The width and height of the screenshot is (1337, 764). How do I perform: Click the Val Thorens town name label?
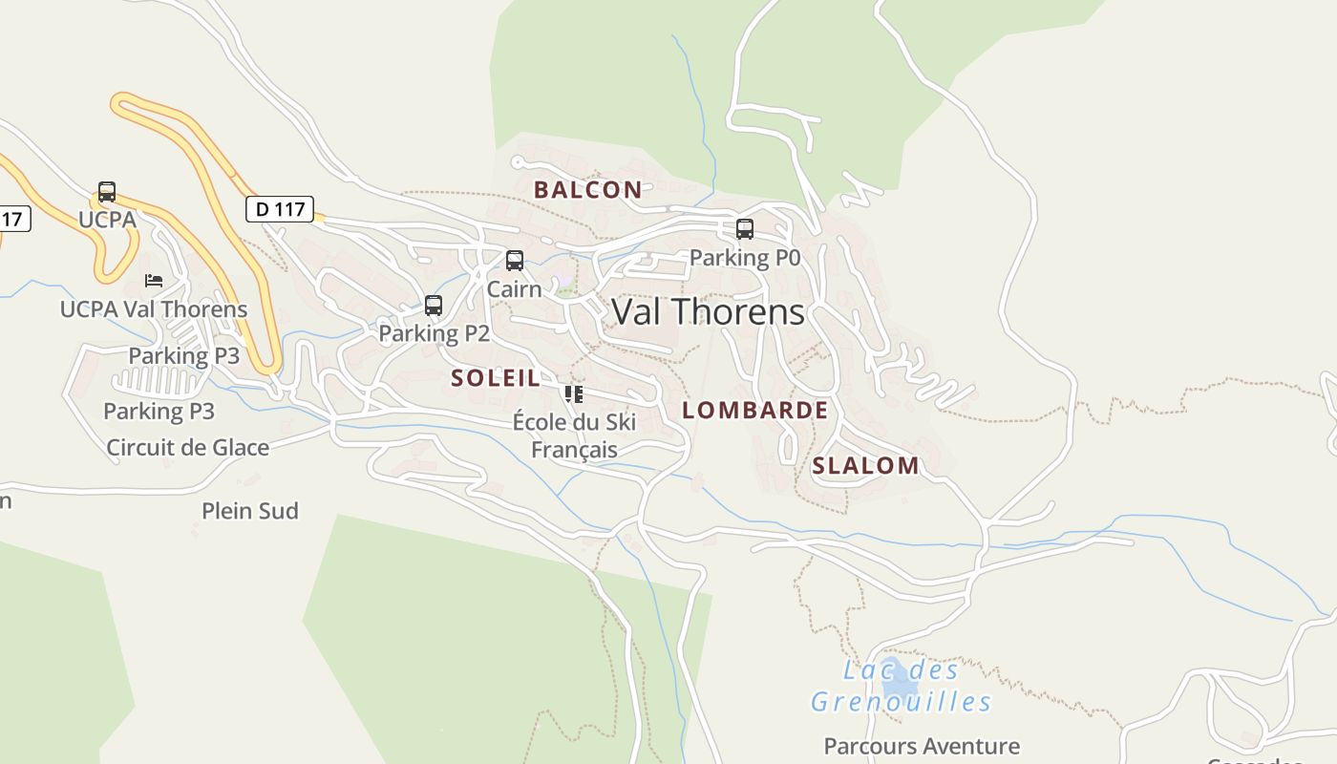[708, 312]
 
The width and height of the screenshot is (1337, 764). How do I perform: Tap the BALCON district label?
[587, 189]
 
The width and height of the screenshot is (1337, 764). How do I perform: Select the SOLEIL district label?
[496, 377]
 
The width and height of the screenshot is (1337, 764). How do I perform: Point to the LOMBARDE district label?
[754, 411]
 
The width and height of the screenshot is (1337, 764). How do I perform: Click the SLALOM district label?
[865, 466]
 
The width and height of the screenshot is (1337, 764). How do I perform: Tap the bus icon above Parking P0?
[744, 229]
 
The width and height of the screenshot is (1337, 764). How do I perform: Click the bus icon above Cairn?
[515, 261]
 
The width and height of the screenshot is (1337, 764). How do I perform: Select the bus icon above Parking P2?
[434, 306]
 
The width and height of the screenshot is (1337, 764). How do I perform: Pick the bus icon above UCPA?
[107, 192]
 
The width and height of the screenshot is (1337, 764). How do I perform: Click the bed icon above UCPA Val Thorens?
[154, 281]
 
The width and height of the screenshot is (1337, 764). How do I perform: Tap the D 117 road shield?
[280, 208]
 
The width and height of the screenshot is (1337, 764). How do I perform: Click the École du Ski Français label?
[574, 435]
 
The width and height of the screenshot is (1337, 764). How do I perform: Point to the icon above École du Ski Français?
[574, 393]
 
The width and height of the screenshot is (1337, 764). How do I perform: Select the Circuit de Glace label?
[188, 447]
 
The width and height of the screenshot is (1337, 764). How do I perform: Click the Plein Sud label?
[250, 511]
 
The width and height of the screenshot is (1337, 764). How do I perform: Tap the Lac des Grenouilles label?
[902, 687]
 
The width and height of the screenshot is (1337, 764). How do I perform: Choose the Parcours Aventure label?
[922, 746]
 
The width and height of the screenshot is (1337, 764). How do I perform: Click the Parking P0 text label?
[745, 258]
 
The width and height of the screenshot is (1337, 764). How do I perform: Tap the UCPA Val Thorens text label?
[154, 309]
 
